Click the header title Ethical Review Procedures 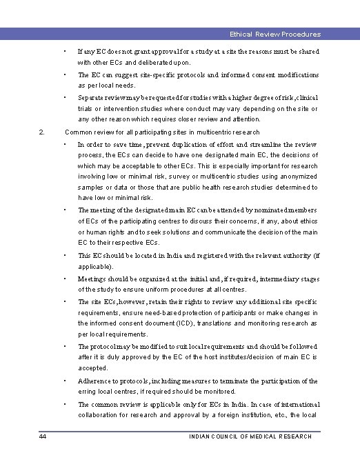click(275, 34)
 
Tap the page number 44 click(43, 436)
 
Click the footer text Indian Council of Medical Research click(250, 436)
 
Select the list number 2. click(42, 132)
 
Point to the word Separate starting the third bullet click(92, 98)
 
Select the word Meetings click(94, 279)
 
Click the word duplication click(183, 144)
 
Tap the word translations click(227, 323)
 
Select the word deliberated click(152, 62)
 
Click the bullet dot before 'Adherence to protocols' click(63, 381)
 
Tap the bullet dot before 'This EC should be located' click(63, 255)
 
